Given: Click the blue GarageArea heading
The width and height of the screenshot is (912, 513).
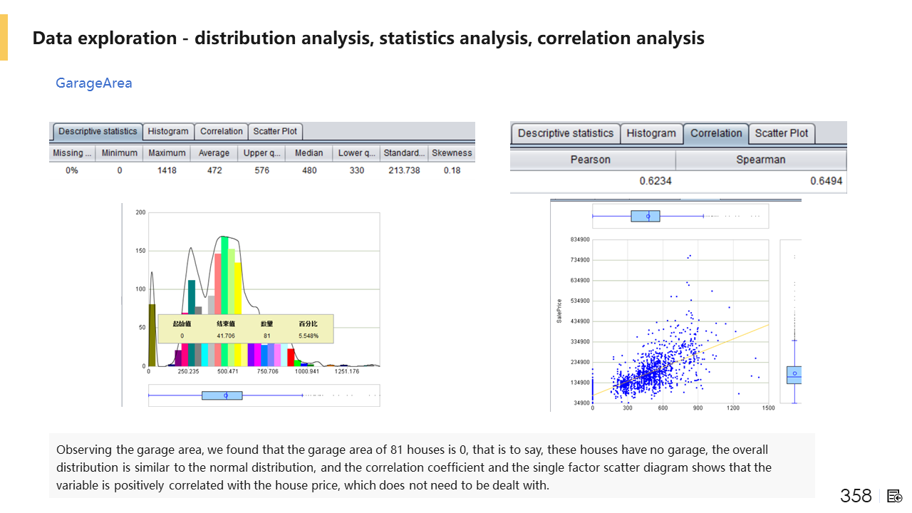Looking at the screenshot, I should [x=94, y=83].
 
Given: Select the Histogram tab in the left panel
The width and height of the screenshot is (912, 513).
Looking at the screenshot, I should [x=168, y=131].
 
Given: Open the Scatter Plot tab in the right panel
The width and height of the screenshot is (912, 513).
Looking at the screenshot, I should [x=781, y=133].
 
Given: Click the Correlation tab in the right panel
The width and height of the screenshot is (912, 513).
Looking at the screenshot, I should [x=715, y=133].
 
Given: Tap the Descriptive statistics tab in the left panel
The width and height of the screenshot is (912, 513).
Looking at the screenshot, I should [x=98, y=131].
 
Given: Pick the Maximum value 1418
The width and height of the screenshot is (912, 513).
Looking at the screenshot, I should [x=167, y=171].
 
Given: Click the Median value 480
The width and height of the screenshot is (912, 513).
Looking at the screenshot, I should [x=309, y=171].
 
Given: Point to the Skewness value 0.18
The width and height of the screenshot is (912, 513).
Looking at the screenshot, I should [x=452, y=171].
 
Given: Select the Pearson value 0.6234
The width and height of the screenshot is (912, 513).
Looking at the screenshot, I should [x=655, y=182].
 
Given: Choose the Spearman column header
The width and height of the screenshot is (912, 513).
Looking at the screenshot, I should [x=760, y=160].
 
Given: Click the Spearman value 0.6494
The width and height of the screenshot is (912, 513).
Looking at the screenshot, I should [x=826, y=182].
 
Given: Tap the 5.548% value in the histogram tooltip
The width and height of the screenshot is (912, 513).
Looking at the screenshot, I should [x=309, y=336].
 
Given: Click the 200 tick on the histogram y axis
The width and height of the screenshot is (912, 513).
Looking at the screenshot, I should [x=140, y=212].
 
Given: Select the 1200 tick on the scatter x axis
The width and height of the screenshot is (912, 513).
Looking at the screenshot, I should [x=733, y=408].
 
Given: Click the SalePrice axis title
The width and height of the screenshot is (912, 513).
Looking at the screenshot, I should [x=559, y=311].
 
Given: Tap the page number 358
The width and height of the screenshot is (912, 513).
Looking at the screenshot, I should [x=855, y=496].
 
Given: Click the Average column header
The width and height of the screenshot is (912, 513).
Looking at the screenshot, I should [x=214, y=153].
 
